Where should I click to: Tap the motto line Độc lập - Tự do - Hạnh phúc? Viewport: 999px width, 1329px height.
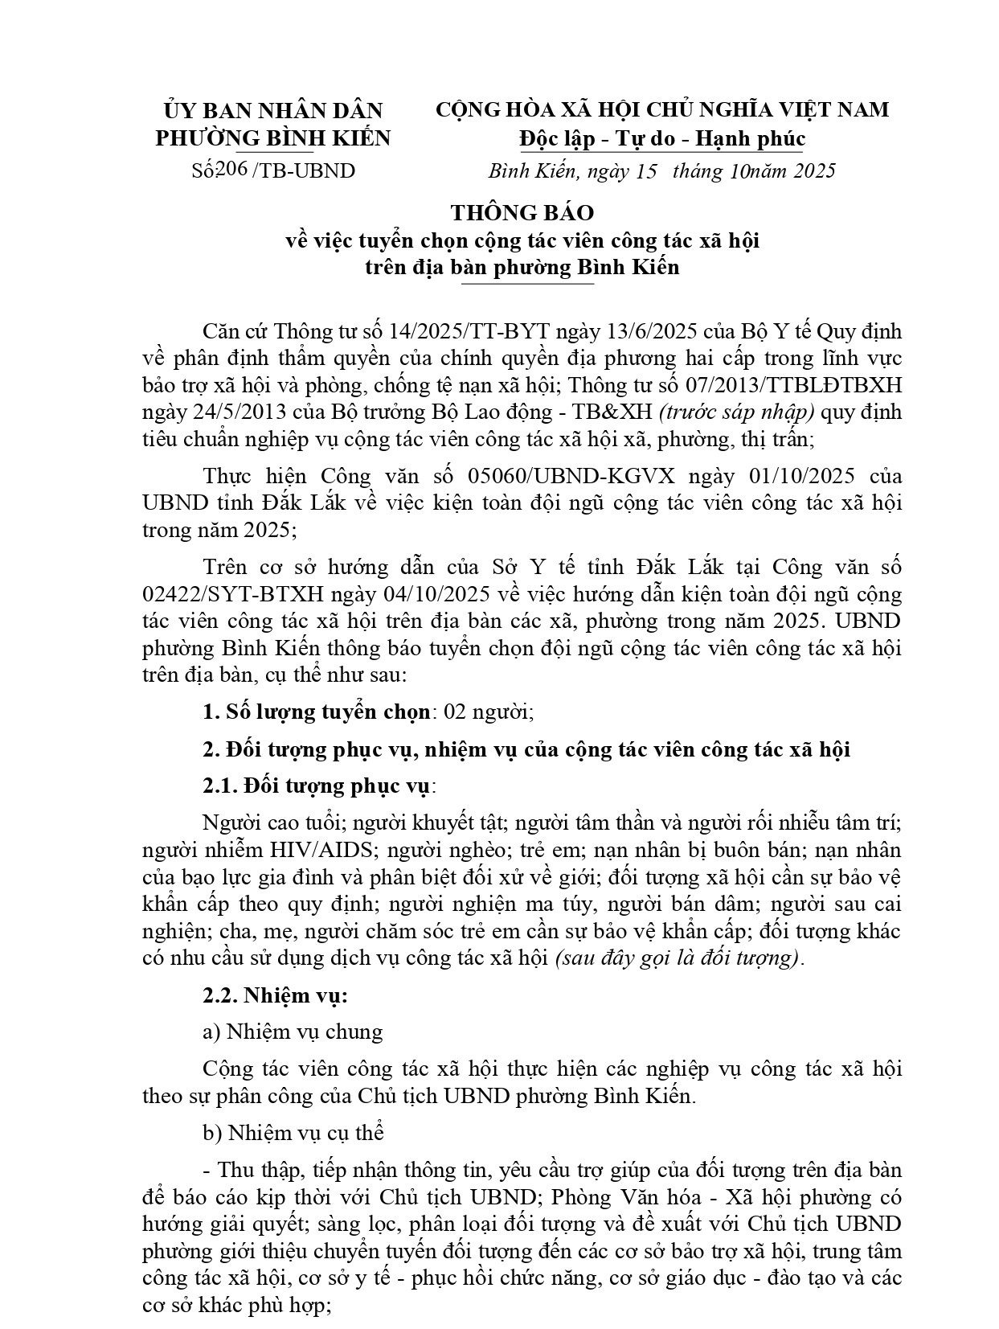coord(661,139)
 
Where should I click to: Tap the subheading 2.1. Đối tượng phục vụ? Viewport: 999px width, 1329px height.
coord(318,786)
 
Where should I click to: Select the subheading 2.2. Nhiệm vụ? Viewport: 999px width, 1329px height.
coord(275,995)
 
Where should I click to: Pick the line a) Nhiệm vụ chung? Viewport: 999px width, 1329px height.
coord(293,1032)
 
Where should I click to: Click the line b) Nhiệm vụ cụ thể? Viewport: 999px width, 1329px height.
coord(293,1133)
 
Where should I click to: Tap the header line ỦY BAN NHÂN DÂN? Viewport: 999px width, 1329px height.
coord(273,110)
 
